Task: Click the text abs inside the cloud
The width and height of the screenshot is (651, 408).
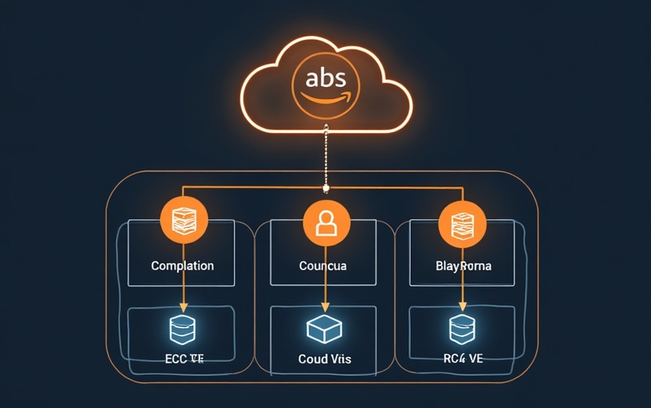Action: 325,80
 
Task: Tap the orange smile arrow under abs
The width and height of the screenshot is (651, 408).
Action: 325,100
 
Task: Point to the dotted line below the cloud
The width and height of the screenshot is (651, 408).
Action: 325,155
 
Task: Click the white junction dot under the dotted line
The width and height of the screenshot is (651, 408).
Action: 325,188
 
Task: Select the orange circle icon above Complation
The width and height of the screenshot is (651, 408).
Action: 183,220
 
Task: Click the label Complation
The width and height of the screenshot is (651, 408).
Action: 182,265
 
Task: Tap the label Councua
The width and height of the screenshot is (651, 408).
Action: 322,265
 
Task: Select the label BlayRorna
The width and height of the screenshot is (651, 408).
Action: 464,265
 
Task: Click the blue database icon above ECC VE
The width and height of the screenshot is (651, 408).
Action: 183,329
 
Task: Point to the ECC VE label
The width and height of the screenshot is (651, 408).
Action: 183,359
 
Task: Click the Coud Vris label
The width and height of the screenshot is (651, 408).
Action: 324,359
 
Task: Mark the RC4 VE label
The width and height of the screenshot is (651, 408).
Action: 463,359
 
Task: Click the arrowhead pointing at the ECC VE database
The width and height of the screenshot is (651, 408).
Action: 183,308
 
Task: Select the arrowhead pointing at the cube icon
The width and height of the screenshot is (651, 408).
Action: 325,308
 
